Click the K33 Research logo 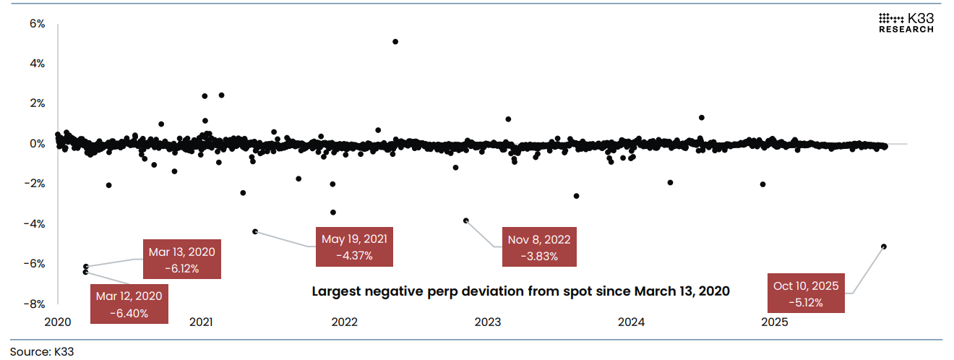906,22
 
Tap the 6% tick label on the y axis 37,24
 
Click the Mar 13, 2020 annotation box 181,260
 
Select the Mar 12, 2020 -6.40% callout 130,304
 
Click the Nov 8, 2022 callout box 539,247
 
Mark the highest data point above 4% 395,41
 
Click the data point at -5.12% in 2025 884,247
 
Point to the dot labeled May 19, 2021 255,231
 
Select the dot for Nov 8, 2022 466,220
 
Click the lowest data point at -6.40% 85,273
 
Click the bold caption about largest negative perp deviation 520,291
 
